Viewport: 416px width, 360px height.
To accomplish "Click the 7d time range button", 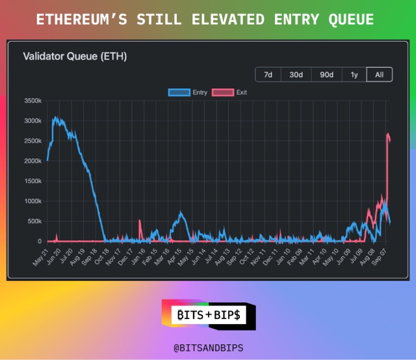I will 268,75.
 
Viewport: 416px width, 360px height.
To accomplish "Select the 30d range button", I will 296,75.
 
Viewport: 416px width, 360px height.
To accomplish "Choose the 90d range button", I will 326,75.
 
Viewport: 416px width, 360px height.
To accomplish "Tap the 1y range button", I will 354,75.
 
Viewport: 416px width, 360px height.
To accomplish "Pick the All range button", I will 379,75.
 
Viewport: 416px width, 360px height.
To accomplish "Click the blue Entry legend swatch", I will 179,92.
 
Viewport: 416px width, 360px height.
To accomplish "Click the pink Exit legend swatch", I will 223,92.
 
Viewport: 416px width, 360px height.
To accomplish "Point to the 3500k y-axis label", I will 32,101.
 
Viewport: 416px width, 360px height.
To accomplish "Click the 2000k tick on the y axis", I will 32,161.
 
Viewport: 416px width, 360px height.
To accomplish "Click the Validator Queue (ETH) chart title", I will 75,56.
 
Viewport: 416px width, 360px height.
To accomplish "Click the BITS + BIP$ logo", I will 209,315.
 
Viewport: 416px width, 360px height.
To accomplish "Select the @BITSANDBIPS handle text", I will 208,348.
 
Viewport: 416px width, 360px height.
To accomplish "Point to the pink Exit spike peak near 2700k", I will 388,133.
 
